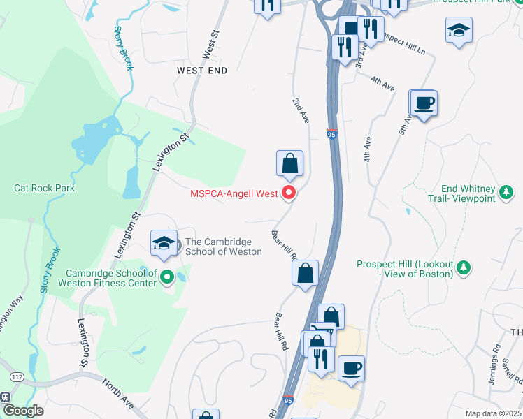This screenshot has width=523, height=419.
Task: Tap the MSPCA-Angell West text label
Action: [234, 193]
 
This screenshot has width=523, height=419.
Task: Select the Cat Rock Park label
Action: [44, 188]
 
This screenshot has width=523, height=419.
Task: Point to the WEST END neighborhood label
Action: [202, 71]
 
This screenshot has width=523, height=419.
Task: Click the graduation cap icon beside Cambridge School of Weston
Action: [164, 244]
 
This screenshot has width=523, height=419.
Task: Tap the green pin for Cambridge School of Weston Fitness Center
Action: [166, 278]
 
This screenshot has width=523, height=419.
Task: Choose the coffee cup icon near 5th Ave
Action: [424, 104]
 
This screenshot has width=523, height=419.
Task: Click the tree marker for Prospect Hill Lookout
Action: [462, 267]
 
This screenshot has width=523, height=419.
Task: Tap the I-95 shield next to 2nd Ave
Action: [331, 133]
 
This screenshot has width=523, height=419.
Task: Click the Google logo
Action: [22, 411]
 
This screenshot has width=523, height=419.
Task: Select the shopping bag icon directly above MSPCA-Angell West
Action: [289, 165]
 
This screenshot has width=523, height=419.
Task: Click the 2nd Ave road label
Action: [301, 111]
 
